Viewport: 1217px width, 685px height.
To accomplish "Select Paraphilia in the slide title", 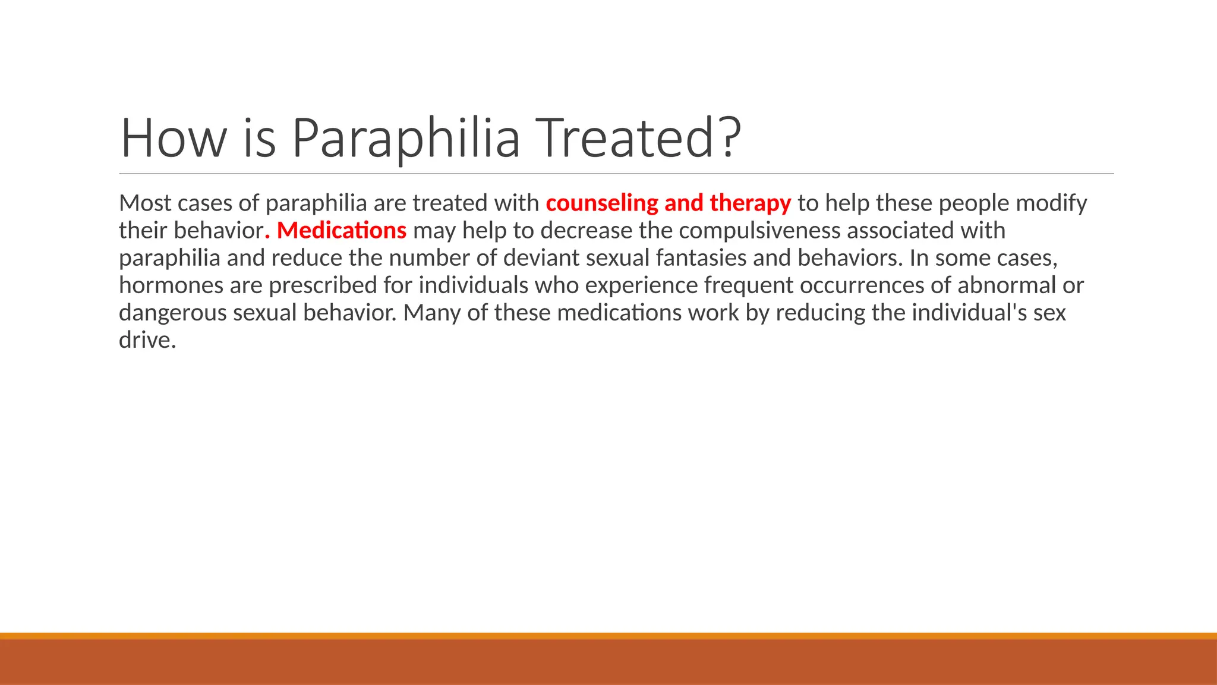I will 406,138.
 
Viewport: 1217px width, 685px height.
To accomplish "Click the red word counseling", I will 601,203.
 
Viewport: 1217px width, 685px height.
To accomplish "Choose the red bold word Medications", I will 342,231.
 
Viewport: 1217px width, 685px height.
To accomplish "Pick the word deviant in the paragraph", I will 541,258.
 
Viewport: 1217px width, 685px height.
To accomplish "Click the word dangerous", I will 172,313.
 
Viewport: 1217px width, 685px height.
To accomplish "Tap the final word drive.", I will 147,340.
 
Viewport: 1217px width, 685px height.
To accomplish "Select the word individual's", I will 969,313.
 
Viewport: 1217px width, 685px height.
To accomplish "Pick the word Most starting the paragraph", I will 145,203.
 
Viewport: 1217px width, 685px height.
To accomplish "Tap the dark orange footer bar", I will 608,661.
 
